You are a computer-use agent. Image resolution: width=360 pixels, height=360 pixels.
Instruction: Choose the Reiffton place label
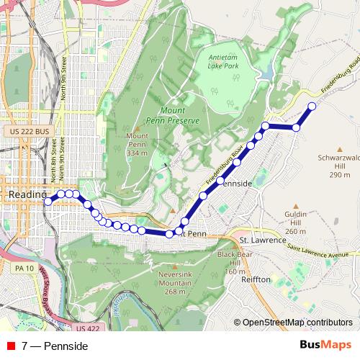click(x=256, y=279)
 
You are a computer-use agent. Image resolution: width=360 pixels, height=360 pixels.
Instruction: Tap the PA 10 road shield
click(x=27, y=268)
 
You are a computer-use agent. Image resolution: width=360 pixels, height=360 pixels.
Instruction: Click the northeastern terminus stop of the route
click(x=312, y=107)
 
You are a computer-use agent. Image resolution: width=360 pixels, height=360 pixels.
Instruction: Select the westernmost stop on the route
click(x=48, y=202)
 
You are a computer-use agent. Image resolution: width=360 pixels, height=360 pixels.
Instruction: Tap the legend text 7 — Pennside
click(x=55, y=346)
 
